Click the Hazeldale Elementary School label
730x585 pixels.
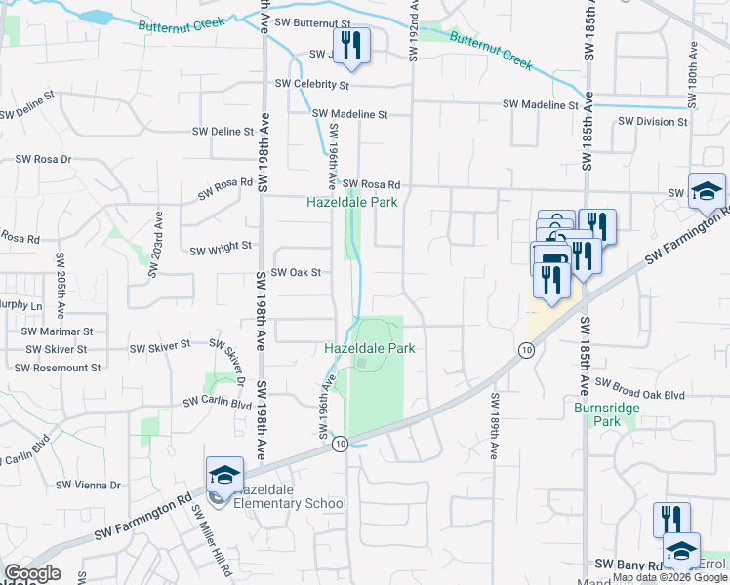click(292, 496)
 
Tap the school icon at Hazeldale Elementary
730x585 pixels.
click(224, 476)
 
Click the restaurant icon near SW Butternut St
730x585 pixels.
click(352, 46)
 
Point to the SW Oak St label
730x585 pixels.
click(296, 273)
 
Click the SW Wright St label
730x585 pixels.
click(221, 250)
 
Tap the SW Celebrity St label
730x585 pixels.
click(312, 85)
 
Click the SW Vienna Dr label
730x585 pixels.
click(88, 485)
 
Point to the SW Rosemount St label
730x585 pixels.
click(58, 368)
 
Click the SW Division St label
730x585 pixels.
click(653, 122)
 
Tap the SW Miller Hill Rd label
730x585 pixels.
click(211, 540)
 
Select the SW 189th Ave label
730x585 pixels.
click(494, 426)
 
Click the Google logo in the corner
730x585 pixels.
click(32, 573)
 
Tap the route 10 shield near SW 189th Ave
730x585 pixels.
click(527, 350)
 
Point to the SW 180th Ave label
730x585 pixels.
click(692, 74)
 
